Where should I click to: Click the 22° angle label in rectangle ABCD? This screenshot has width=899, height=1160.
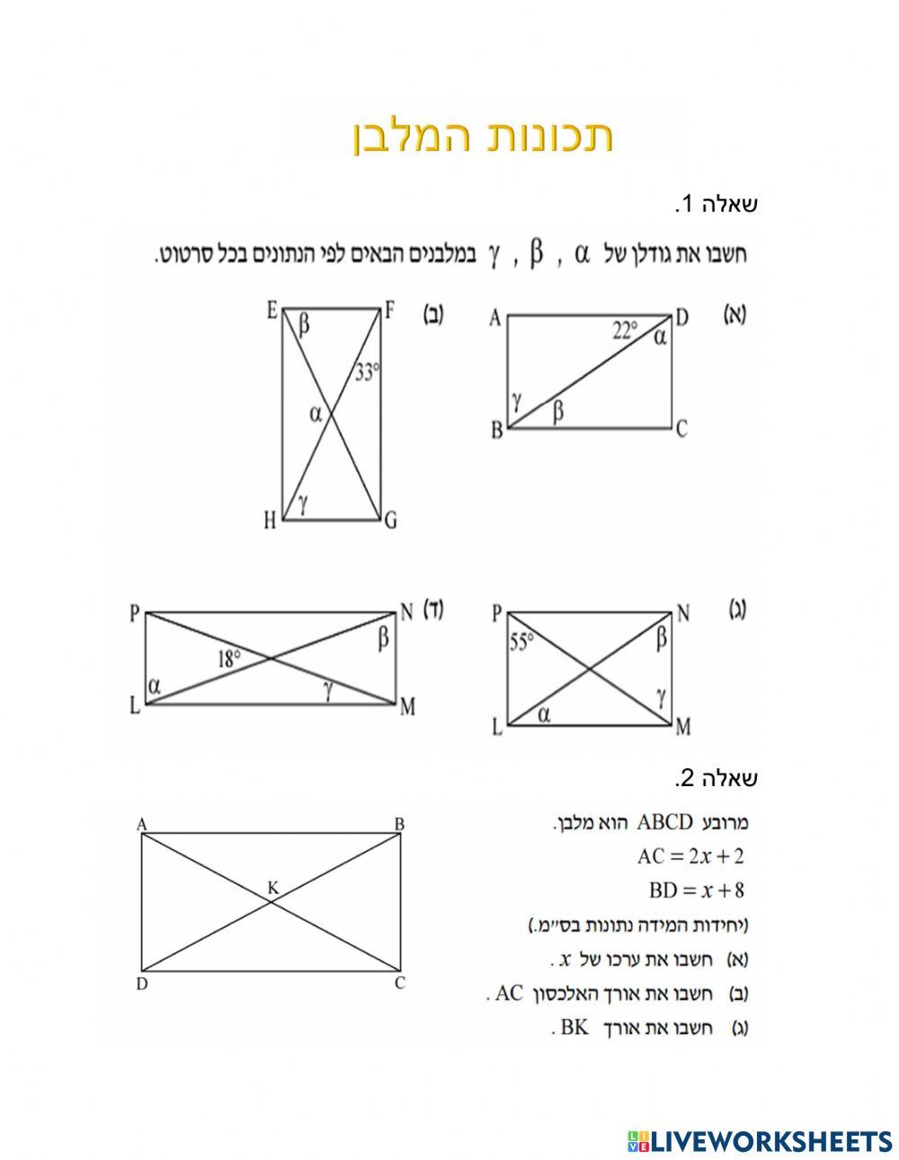click(625, 331)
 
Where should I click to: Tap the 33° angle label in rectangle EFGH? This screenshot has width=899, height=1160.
click(366, 372)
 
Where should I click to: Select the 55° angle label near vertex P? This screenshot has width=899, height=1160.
click(521, 642)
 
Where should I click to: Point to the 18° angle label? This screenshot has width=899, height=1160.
click(229, 660)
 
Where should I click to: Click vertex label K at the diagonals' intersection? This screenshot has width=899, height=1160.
click(273, 889)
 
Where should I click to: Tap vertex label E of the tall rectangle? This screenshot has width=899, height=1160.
click(271, 311)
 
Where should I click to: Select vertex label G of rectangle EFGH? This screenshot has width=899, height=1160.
click(390, 521)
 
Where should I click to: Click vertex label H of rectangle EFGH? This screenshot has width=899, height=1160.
click(269, 521)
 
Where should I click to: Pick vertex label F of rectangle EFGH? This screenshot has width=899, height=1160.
click(390, 311)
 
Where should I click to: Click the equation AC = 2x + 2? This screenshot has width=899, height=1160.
click(690, 856)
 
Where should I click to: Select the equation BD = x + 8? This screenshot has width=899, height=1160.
click(696, 890)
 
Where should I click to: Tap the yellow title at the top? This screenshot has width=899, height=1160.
click(483, 137)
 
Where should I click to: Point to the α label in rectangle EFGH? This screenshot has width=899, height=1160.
click(315, 414)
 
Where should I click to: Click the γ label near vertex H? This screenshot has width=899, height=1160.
click(303, 504)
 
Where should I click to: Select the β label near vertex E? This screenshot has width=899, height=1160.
click(304, 325)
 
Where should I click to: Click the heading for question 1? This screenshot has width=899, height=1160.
click(717, 205)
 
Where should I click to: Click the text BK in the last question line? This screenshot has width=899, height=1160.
click(574, 1027)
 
